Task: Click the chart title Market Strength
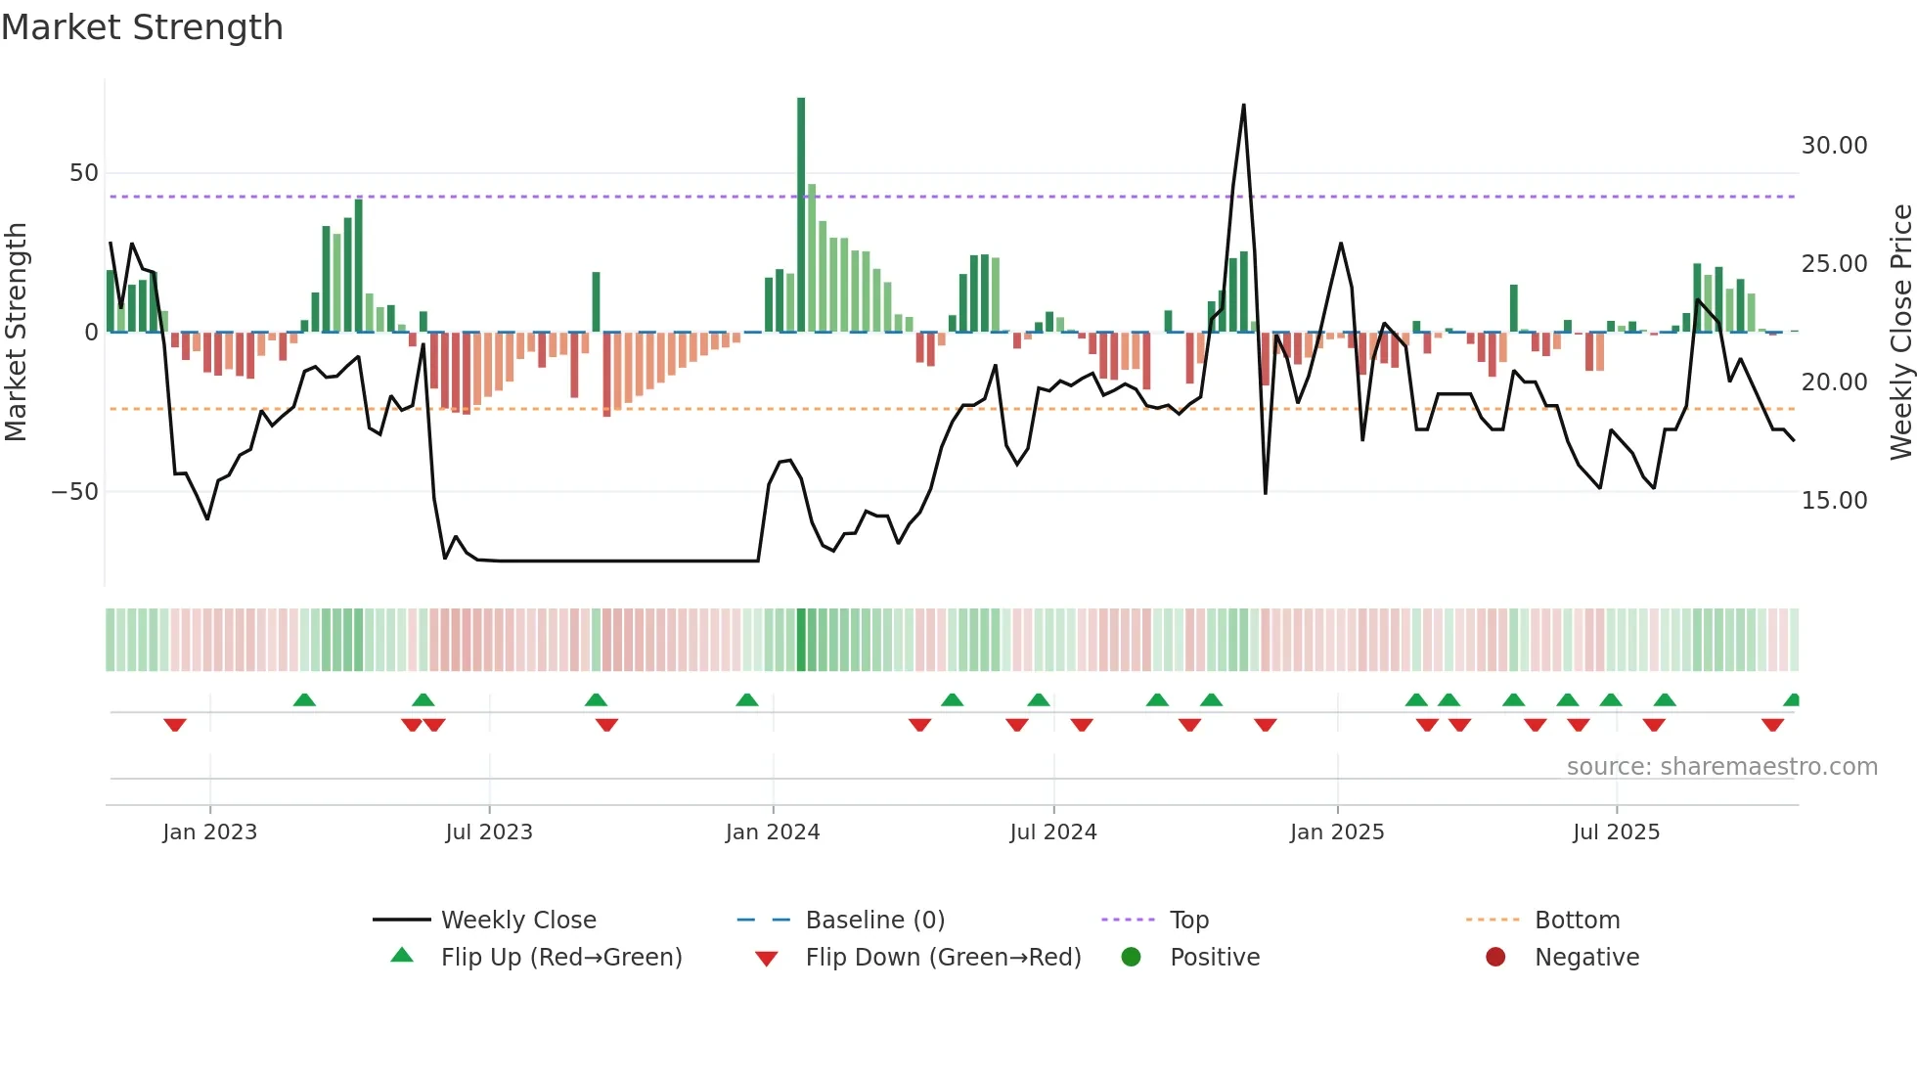142,27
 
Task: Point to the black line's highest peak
1243,106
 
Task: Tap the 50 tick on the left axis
84,173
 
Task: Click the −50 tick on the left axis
75,491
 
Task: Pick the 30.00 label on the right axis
1834,146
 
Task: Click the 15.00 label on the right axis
1834,500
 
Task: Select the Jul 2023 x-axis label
489,831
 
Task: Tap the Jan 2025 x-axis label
1337,831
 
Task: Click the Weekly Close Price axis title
1900,332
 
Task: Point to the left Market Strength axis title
16,332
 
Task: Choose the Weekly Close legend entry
517,920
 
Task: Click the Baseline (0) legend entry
874,920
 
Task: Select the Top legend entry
1188,920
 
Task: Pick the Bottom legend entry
1577,920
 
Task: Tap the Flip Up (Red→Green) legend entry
560,957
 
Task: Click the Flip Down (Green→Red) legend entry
943,957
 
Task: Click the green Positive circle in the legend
1132,957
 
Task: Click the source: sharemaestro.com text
1721,766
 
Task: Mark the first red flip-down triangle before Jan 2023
175,724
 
